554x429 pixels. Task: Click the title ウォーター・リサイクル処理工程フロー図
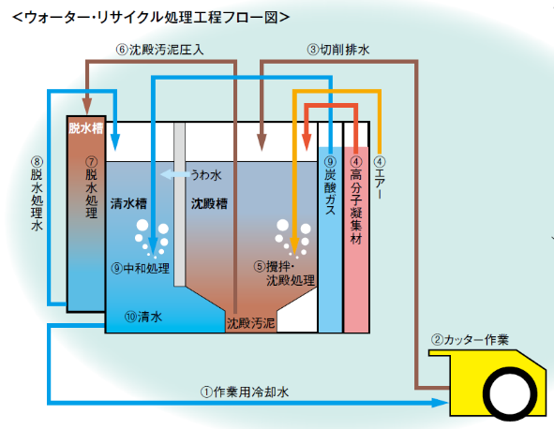[151, 17]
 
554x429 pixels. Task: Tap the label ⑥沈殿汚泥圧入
[159, 50]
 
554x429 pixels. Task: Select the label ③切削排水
[338, 50]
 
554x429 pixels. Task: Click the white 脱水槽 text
[86, 127]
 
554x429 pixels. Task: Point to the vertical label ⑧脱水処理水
[37, 194]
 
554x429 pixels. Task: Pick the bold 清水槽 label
[128, 204]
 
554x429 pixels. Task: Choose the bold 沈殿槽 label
[210, 204]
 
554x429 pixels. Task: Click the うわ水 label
[206, 175]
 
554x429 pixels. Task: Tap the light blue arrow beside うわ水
[175, 174]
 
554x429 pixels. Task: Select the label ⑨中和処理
[141, 268]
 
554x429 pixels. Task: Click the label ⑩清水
[143, 317]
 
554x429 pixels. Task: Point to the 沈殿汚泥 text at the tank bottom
[250, 323]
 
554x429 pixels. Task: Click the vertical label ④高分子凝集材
[356, 200]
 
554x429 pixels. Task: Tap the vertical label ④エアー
[380, 177]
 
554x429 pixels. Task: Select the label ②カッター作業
[470, 340]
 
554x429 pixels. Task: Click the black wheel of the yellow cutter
[510, 393]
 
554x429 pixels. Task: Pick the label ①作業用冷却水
[245, 392]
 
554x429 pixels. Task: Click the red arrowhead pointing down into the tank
[307, 142]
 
